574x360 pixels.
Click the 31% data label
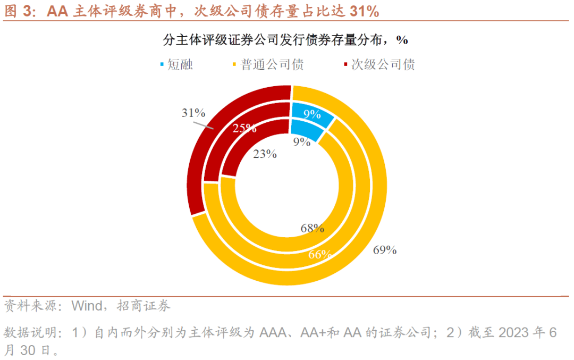193,113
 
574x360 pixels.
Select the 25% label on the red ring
244,128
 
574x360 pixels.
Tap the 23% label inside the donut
265,154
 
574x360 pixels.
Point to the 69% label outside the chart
385,250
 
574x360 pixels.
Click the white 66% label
320,254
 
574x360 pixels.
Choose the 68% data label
312,229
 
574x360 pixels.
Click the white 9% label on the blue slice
313,114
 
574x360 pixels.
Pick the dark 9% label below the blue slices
301,141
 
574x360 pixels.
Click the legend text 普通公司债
272,65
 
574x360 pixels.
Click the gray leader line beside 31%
202,125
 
